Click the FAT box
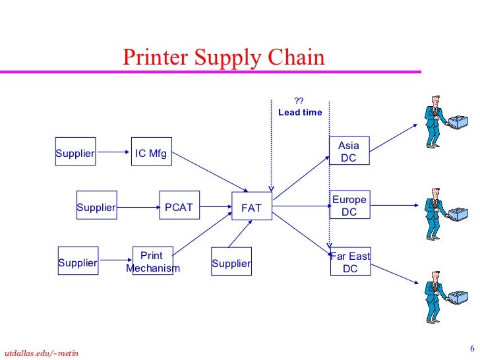(x=251, y=208)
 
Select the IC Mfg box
(x=152, y=154)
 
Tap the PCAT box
(x=179, y=208)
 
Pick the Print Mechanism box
(x=152, y=262)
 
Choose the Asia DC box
(x=349, y=152)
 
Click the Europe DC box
(x=349, y=206)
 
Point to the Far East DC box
(x=350, y=262)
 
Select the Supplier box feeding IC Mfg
(x=75, y=154)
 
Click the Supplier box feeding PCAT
(x=96, y=208)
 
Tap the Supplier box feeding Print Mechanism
(x=78, y=263)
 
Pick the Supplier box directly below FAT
(x=231, y=264)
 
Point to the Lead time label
(x=300, y=112)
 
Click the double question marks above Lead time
(x=299, y=101)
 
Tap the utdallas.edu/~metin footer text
(x=41, y=353)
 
